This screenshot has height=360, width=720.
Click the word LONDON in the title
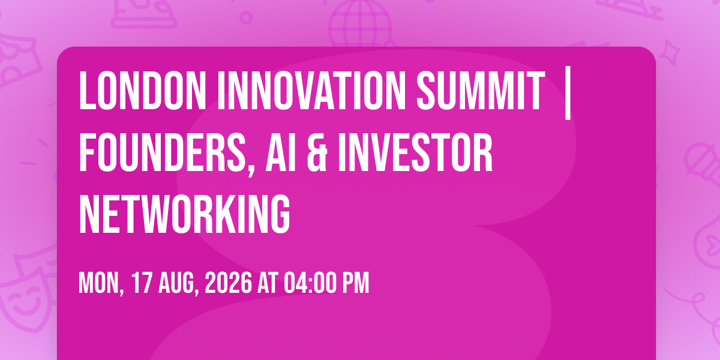[x=142, y=91]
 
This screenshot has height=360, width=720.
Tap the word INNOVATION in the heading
[x=311, y=91]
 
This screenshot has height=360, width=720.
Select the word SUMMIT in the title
[x=481, y=91]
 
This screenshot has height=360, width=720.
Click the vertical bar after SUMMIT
[x=568, y=93]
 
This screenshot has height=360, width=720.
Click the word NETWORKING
[x=185, y=214]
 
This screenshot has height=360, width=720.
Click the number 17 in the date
[x=142, y=283]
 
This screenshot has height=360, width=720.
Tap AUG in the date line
[x=177, y=283]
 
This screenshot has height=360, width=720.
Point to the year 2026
[x=228, y=283]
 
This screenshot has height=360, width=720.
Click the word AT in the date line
[x=268, y=283]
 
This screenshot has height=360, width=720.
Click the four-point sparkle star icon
[x=670, y=53]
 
